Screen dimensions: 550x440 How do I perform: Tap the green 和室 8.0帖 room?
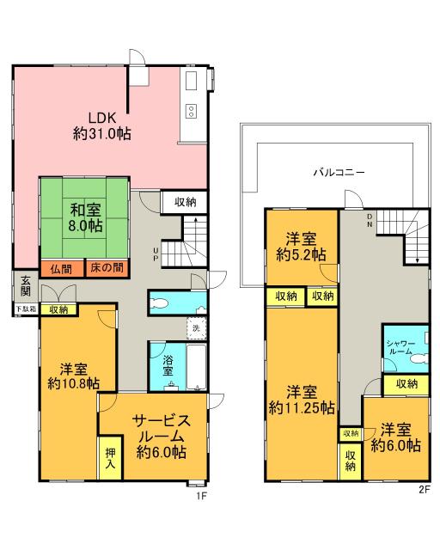pyautogui.click(x=84, y=217)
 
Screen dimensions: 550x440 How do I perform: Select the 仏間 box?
pyautogui.click(x=60, y=268)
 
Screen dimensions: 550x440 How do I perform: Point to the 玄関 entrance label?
pyautogui.click(x=26, y=285)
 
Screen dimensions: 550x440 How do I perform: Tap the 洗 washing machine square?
pyautogui.click(x=195, y=327)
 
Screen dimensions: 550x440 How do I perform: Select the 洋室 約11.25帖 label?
pyautogui.click(x=301, y=399)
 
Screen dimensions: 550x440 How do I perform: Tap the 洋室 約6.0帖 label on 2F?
pyautogui.click(x=395, y=437)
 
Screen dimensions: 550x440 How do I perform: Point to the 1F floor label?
pyautogui.click(x=203, y=493)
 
